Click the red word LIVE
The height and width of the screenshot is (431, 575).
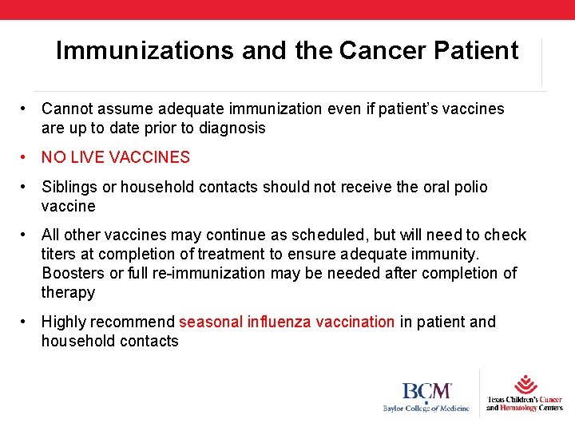(85, 157)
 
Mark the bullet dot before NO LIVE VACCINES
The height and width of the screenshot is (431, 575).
(26, 157)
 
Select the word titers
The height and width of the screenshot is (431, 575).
(60, 254)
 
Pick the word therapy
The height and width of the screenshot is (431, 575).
(68, 292)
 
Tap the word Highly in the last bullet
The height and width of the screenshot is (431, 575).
(64, 322)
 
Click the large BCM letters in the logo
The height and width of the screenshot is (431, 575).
(426, 391)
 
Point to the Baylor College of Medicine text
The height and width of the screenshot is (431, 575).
(426, 409)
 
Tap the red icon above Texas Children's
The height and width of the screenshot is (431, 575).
(525, 383)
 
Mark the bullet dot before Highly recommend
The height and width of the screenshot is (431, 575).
(26, 322)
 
